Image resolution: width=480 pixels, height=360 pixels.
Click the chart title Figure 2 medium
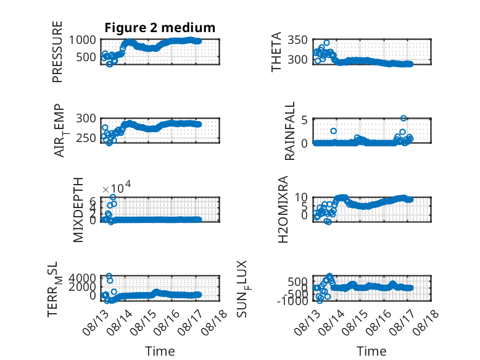click(x=160, y=28)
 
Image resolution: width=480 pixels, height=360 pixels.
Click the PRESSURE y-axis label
click(x=57, y=52)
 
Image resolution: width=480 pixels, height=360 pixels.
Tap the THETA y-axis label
click(x=276, y=52)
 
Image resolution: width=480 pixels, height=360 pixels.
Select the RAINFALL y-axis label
click(x=289, y=131)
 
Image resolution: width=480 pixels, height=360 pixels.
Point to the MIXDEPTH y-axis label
click(x=78, y=210)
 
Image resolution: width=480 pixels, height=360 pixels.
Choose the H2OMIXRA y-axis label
click(x=283, y=209)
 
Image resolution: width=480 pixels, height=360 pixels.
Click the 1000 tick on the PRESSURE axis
click(x=82, y=40)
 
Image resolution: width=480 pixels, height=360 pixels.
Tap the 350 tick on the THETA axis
click(x=297, y=40)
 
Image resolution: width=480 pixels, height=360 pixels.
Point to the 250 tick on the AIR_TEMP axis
click(x=86, y=138)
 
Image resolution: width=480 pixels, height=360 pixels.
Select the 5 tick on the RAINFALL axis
click(x=304, y=120)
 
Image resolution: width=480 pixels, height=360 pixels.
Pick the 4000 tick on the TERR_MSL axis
click(x=82, y=278)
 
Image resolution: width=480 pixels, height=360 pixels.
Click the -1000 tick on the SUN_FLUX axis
click(x=292, y=301)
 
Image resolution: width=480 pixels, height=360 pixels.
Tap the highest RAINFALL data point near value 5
click(x=403, y=119)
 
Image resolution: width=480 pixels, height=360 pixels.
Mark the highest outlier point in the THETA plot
click(x=326, y=43)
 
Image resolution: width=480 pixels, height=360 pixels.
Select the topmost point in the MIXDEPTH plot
click(x=113, y=197)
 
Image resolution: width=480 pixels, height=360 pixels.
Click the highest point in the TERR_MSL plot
click(x=109, y=276)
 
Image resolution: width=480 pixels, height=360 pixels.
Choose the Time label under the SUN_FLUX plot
click(x=371, y=351)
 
